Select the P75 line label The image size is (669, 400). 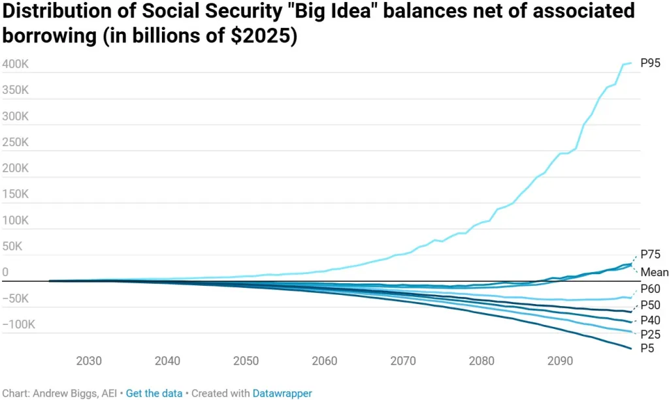[x=651, y=254]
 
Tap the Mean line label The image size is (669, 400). [x=654, y=272]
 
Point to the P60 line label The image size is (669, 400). [x=651, y=288]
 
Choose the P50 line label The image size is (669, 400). [x=651, y=305]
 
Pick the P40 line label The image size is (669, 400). [x=651, y=320]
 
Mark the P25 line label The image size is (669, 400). [x=651, y=335]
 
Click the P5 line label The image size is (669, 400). [x=648, y=348]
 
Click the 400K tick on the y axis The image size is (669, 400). [x=15, y=64]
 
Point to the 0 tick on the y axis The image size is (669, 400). [x=5, y=272]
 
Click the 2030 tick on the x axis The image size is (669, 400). [x=89, y=361]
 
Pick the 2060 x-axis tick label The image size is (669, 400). [x=325, y=361]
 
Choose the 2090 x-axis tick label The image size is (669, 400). [x=561, y=361]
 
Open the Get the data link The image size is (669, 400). [x=154, y=393]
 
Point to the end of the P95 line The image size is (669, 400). [x=631, y=63]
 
